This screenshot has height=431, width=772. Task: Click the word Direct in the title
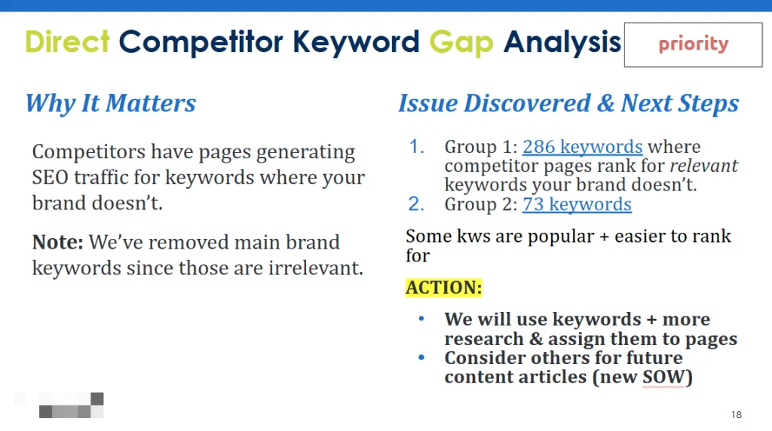tap(67, 41)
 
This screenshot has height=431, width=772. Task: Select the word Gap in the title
tap(461, 43)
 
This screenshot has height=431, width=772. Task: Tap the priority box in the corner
tap(694, 44)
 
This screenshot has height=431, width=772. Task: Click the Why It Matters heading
tap(111, 103)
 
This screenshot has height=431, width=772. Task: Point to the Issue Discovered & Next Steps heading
tap(568, 103)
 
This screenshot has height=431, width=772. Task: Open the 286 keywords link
tap(583, 147)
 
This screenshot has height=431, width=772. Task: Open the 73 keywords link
tap(577, 204)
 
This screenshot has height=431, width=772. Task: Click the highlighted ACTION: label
tap(443, 287)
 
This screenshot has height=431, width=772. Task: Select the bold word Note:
tap(57, 242)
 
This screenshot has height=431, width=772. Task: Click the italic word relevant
tap(704, 166)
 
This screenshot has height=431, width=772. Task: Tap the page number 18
tap(737, 414)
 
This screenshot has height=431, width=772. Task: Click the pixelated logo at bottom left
tap(72, 405)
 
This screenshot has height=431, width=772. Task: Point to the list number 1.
tap(416, 147)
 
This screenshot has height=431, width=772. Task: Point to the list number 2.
tap(416, 204)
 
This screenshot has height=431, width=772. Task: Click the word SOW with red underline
tap(663, 377)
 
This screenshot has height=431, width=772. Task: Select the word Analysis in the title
tap(562, 42)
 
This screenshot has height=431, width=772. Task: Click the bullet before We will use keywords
tap(421, 319)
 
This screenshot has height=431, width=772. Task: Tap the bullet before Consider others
tap(421, 358)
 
